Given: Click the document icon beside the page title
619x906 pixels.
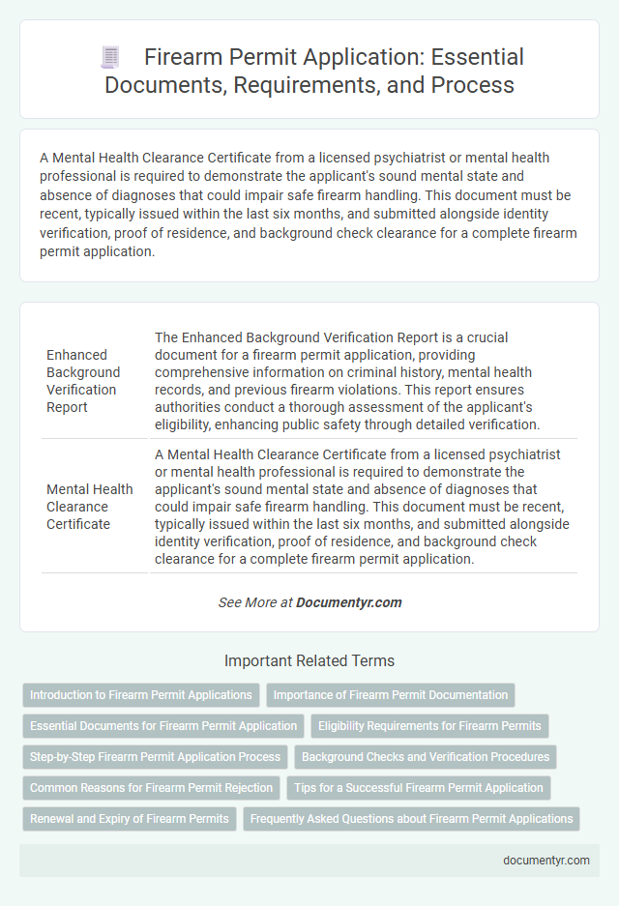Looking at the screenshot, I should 110,58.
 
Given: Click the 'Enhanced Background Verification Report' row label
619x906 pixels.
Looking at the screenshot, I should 83,381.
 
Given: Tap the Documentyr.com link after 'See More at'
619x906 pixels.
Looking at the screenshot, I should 348,602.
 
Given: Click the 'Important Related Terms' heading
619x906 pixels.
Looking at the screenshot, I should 309,661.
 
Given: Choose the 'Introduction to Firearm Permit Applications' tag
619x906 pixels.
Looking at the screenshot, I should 141,695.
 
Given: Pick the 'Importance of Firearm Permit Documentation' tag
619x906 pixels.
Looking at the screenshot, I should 390,695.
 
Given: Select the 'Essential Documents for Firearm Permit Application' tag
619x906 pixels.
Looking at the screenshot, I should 163,726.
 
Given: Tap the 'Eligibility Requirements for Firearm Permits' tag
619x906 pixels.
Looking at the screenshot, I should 429,726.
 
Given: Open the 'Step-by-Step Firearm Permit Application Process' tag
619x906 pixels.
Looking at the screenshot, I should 155,757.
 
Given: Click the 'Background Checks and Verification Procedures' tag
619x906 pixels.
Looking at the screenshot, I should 424,757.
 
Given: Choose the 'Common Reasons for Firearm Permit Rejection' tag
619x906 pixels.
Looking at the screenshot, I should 151,788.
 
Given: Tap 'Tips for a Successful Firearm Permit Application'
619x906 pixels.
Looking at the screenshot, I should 419,788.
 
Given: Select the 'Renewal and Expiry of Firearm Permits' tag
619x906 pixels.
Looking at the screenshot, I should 129,819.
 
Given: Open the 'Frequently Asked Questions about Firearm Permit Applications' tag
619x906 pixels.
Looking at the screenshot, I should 411,819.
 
